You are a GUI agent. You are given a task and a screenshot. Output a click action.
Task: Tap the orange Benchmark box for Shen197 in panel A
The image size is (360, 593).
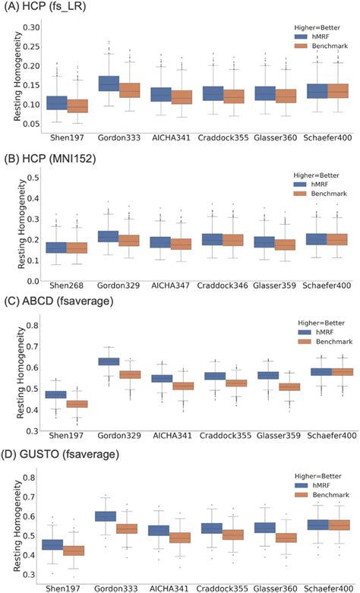click(78, 106)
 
